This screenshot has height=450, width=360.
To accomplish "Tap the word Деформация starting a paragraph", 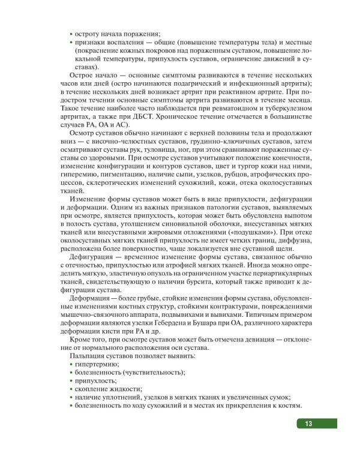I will pos(94,298).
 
